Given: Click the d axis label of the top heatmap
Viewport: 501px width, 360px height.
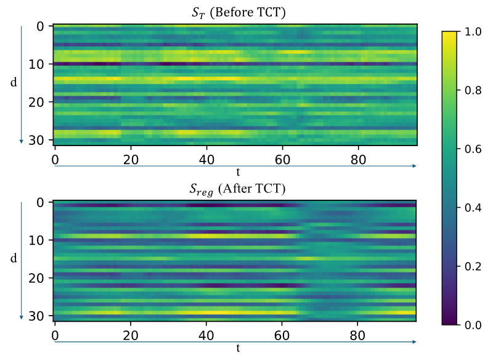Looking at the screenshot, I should [x=14, y=82].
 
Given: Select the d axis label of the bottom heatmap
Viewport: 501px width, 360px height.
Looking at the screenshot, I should [x=14, y=258].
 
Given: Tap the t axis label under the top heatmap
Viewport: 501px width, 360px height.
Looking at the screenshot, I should [x=237, y=171].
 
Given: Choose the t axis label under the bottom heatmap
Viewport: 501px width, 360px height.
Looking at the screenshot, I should [x=237, y=348].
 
